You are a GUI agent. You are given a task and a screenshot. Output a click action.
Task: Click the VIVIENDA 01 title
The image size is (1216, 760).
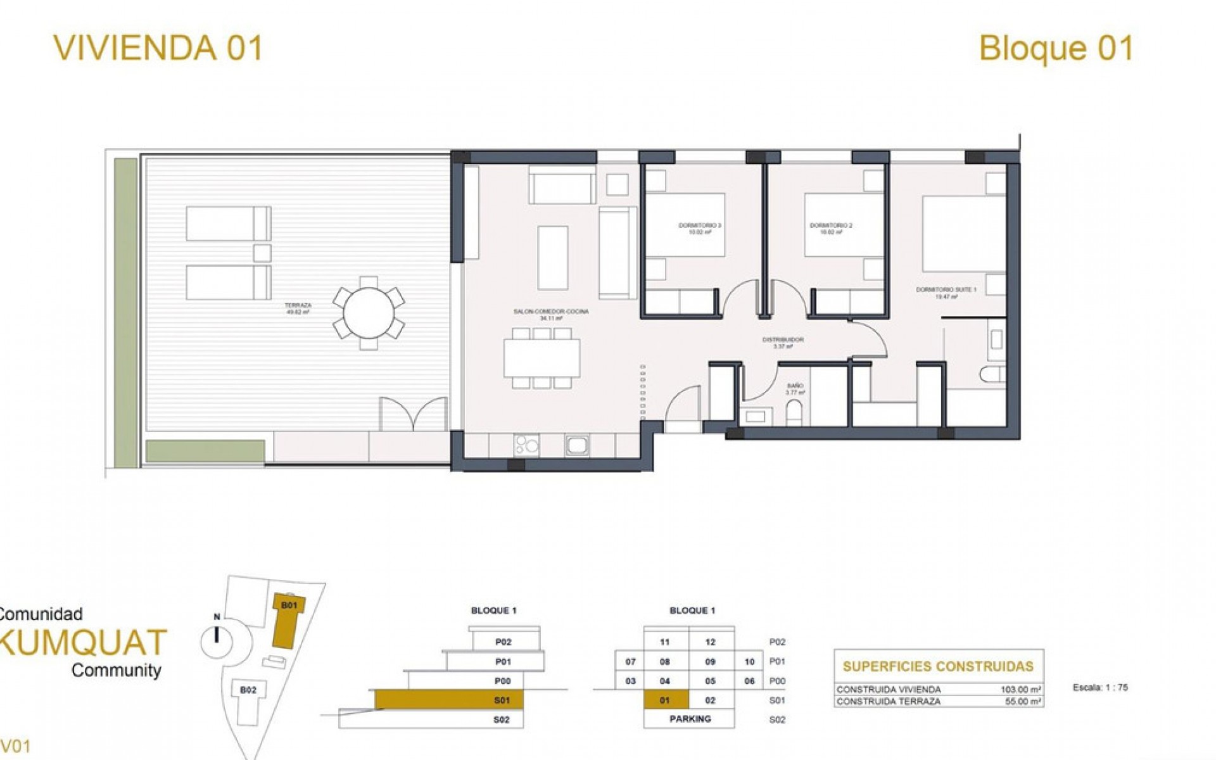(158, 48)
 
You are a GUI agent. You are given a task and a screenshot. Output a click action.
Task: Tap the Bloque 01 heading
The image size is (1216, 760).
(1056, 49)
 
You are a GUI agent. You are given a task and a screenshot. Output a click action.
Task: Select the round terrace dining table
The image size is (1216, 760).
(369, 313)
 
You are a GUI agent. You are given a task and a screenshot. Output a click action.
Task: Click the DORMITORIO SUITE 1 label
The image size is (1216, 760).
(946, 293)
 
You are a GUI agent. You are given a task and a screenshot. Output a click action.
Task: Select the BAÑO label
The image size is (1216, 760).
(795, 388)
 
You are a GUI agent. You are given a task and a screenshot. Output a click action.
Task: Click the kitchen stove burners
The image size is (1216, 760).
(526, 445)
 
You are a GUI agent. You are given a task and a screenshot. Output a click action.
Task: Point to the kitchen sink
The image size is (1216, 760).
(577, 445)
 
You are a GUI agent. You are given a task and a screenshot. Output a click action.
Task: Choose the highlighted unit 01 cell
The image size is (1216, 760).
(665, 700)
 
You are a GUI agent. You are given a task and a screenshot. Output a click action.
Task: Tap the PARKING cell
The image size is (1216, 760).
(690, 719)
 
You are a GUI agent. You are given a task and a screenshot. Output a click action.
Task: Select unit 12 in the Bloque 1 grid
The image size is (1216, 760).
(711, 642)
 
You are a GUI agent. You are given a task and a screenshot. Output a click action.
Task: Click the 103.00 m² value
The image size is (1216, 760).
(1021, 690)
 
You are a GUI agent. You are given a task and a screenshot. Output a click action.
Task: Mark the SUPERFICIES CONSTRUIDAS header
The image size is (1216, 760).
(938, 666)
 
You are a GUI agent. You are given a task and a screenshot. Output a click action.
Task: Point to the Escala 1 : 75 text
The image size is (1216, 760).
(1101, 687)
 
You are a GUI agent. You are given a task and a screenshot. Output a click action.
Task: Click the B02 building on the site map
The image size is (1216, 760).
(248, 690)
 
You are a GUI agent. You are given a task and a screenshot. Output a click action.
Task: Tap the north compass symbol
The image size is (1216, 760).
(217, 640)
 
